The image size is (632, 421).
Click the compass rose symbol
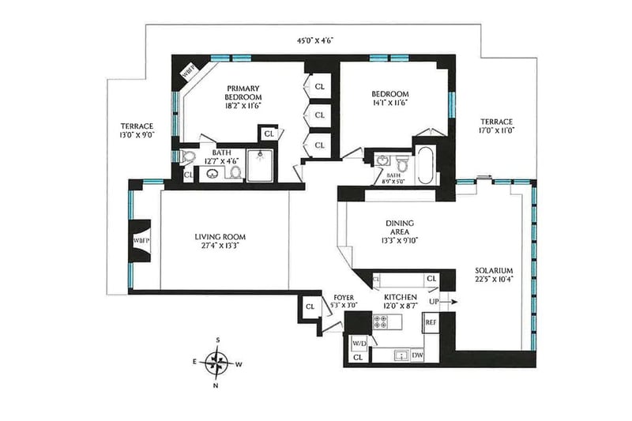pos(217,363)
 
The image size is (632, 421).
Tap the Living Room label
pos(220,237)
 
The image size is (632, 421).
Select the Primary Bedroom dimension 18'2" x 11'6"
pos(243,106)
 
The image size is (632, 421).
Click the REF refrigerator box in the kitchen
pos(431,322)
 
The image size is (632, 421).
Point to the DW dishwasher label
pos(418,355)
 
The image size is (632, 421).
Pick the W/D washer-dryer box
pos(359,344)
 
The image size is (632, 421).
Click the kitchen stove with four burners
pos(381,322)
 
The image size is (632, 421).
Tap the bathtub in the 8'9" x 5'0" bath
pos(426,165)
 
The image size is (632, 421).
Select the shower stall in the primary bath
pos(260,165)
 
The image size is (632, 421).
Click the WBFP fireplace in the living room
pos(141,240)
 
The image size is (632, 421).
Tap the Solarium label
pos(494,270)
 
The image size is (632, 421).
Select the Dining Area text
pos(400,227)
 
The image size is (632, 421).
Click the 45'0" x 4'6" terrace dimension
pos(314,39)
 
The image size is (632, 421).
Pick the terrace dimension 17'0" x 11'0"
pos(497,130)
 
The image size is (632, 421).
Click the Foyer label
pos(344,298)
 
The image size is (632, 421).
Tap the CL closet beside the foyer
pos(310,306)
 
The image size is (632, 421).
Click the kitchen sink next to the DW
pos(401,355)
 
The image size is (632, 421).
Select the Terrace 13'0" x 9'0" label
pos(137,130)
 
